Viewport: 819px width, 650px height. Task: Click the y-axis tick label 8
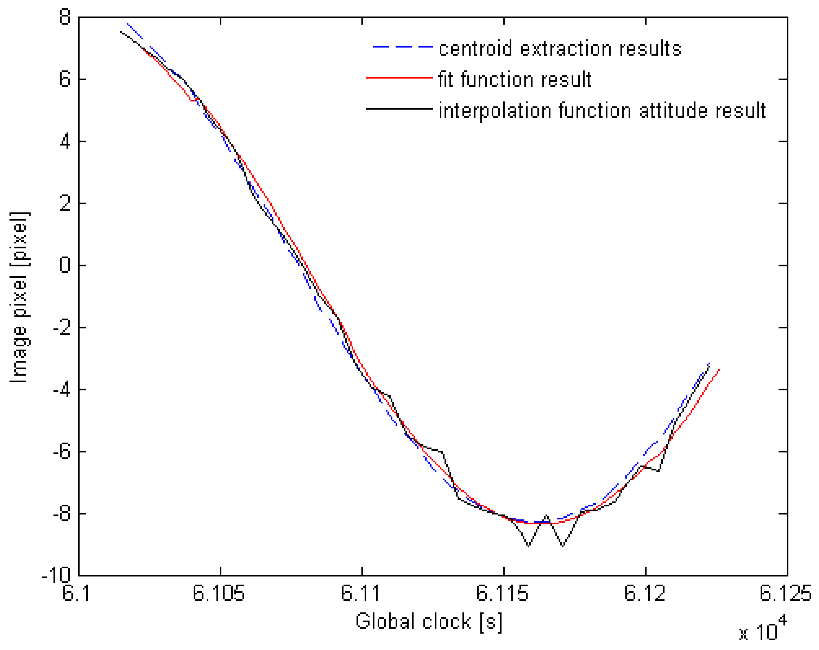coord(65,17)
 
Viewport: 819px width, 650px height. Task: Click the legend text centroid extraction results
coord(560,49)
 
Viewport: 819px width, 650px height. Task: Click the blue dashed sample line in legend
coord(402,47)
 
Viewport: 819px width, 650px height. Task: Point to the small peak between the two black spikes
coord(547,516)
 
